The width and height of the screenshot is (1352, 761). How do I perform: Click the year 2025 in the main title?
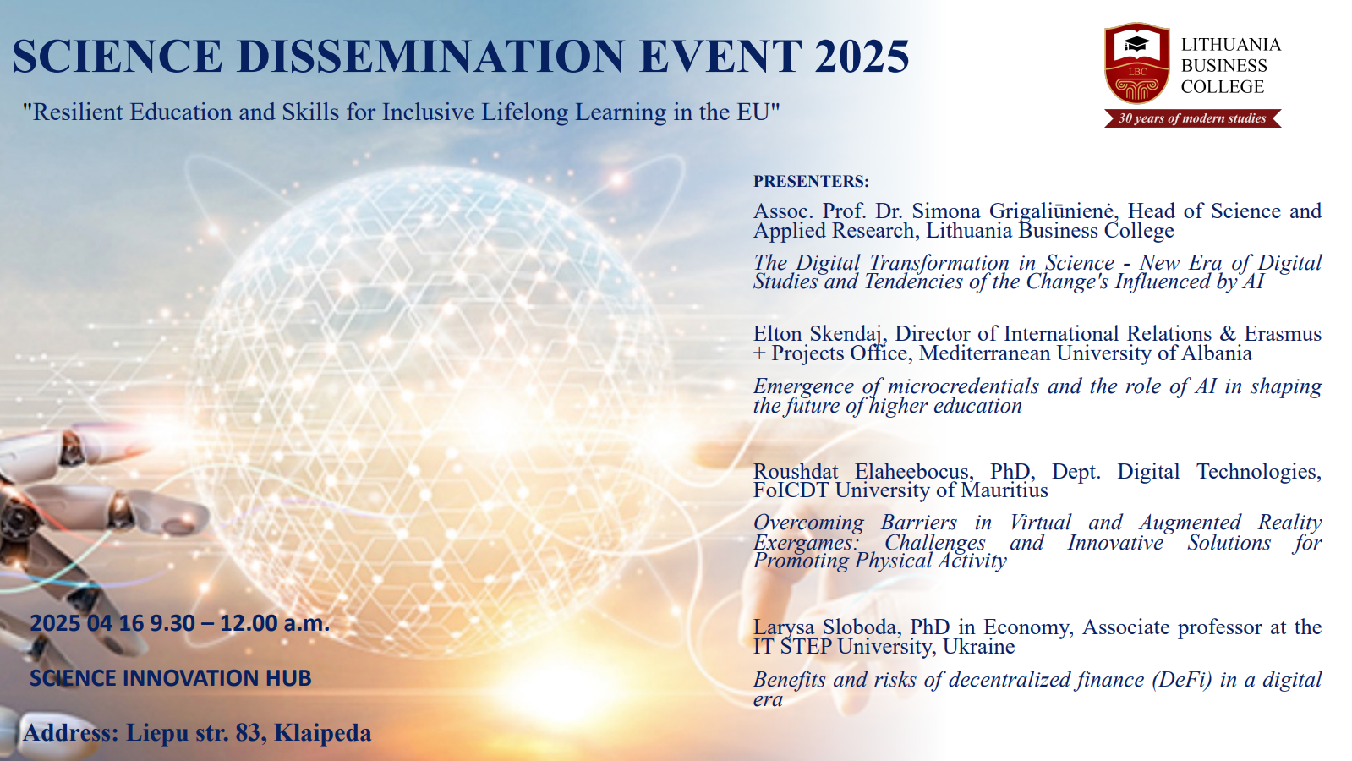click(x=862, y=57)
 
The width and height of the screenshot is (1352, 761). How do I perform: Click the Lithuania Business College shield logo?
click(x=1137, y=63)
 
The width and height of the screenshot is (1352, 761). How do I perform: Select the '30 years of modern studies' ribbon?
click(x=1193, y=118)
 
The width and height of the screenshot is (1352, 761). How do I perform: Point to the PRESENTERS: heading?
click(x=811, y=181)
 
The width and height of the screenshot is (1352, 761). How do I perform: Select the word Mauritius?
click(x=1004, y=490)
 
